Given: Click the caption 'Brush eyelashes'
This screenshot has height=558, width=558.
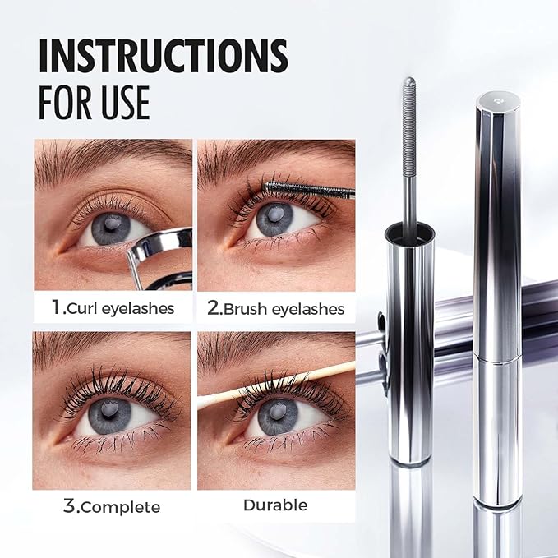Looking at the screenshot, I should [286, 309].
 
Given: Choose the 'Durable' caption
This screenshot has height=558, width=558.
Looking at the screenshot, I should [276, 505].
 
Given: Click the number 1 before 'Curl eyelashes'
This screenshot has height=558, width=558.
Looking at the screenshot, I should [57, 308].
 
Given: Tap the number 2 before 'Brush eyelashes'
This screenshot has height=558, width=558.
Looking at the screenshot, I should [214, 308].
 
